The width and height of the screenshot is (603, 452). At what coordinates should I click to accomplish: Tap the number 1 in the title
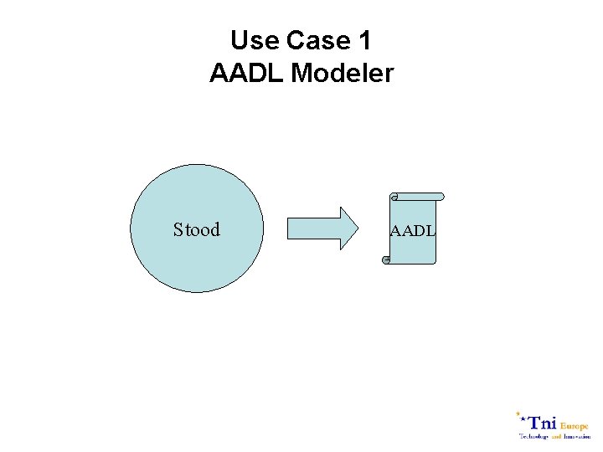[x=363, y=40]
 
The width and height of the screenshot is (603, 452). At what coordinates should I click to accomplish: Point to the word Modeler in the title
[x=343, y=74]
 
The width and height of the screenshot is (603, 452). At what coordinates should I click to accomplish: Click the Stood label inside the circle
[x=197, y=229]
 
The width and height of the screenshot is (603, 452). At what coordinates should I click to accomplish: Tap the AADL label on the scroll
[x=412, y=230]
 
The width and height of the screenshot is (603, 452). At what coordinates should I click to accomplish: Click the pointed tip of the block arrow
[x=355, y=229]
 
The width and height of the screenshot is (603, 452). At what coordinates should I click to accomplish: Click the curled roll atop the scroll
[x=416, y=197]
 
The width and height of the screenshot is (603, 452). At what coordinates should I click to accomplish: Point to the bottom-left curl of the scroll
[x=386, y=260]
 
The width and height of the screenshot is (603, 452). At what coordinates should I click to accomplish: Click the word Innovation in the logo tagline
[x=577, y=436]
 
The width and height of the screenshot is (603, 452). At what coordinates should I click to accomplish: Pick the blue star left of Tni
[x=524, y=419]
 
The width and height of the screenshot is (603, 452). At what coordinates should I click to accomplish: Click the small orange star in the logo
[x=518, y=413]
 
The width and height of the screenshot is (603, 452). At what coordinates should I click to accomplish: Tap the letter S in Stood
[x=178, y=229]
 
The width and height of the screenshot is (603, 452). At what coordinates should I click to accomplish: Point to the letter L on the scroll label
[x=430, y=230]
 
